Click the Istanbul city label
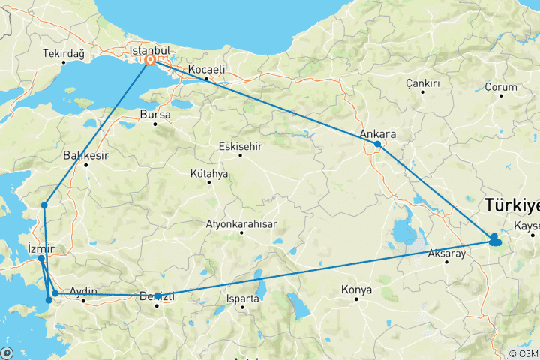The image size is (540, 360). pos(145,49)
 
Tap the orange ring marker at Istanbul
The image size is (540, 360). pos(150,60)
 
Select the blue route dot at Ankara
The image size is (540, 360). pos(377,144)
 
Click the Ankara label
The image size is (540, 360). pos(377,134)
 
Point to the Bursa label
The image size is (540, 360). pos(155,115)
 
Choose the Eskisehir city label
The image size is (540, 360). pos(240,146)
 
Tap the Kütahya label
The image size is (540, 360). pos(209,174)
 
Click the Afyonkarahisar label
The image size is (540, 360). pos(241,223)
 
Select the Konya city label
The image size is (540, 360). pos(356,289)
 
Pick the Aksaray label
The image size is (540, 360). pos(447,253)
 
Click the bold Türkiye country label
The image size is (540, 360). pos(512,204)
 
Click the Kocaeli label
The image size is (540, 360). pos(207,69)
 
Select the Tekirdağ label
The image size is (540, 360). pos(64,54)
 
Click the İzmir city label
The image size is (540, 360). pos(40,248)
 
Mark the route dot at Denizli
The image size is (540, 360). pos(157,295)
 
